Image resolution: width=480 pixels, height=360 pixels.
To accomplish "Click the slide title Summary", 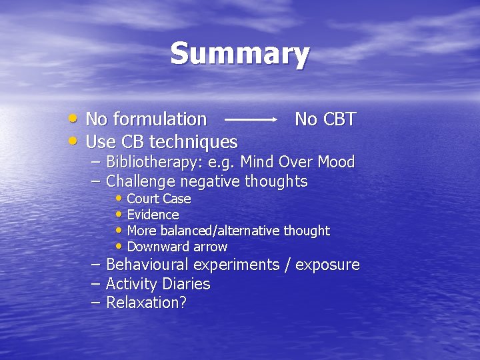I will coord(239,54).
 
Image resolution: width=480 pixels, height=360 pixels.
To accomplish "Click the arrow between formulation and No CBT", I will coord(251,119).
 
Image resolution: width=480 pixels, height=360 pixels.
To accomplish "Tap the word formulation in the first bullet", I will coord(159,119).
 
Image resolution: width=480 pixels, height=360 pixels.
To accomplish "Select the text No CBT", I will coord(325,119).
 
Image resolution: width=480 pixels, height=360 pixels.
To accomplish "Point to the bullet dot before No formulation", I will coord(74,119).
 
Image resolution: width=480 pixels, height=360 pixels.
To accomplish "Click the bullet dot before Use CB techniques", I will coord(74,141).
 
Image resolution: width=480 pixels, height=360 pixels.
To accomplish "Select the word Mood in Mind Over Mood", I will coord(336,162).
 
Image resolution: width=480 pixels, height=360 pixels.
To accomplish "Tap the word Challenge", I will coord(140,181).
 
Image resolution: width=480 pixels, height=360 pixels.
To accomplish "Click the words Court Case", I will coord(159,199).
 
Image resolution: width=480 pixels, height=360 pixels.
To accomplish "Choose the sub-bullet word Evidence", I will coord(153,215).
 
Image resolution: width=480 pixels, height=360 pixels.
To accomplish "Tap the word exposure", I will coord(327,265).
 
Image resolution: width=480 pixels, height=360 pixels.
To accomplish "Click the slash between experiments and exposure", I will coord(287,265).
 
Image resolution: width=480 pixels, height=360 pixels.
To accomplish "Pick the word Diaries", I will coord(187,284).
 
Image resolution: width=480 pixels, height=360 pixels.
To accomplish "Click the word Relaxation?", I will coord(147,303).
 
